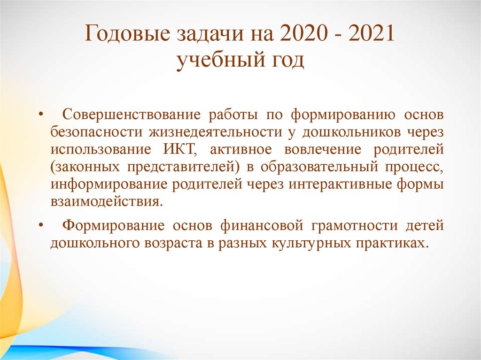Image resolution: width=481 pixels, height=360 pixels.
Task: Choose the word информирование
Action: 109,184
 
